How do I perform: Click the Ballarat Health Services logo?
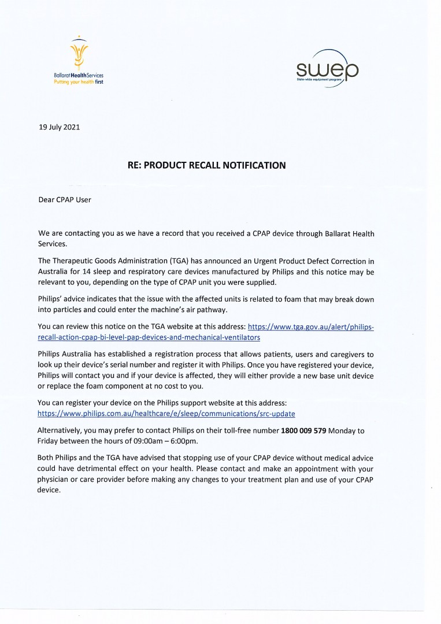click(x=77, y=60)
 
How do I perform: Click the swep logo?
click(x=327, y=69)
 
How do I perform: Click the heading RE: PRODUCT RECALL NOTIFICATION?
click(x=206, y=166)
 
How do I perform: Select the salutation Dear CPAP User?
click(x=65, y=200)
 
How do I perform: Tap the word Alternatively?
click(x=60, y=431)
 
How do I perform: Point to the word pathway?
click(x=214, y=310)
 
